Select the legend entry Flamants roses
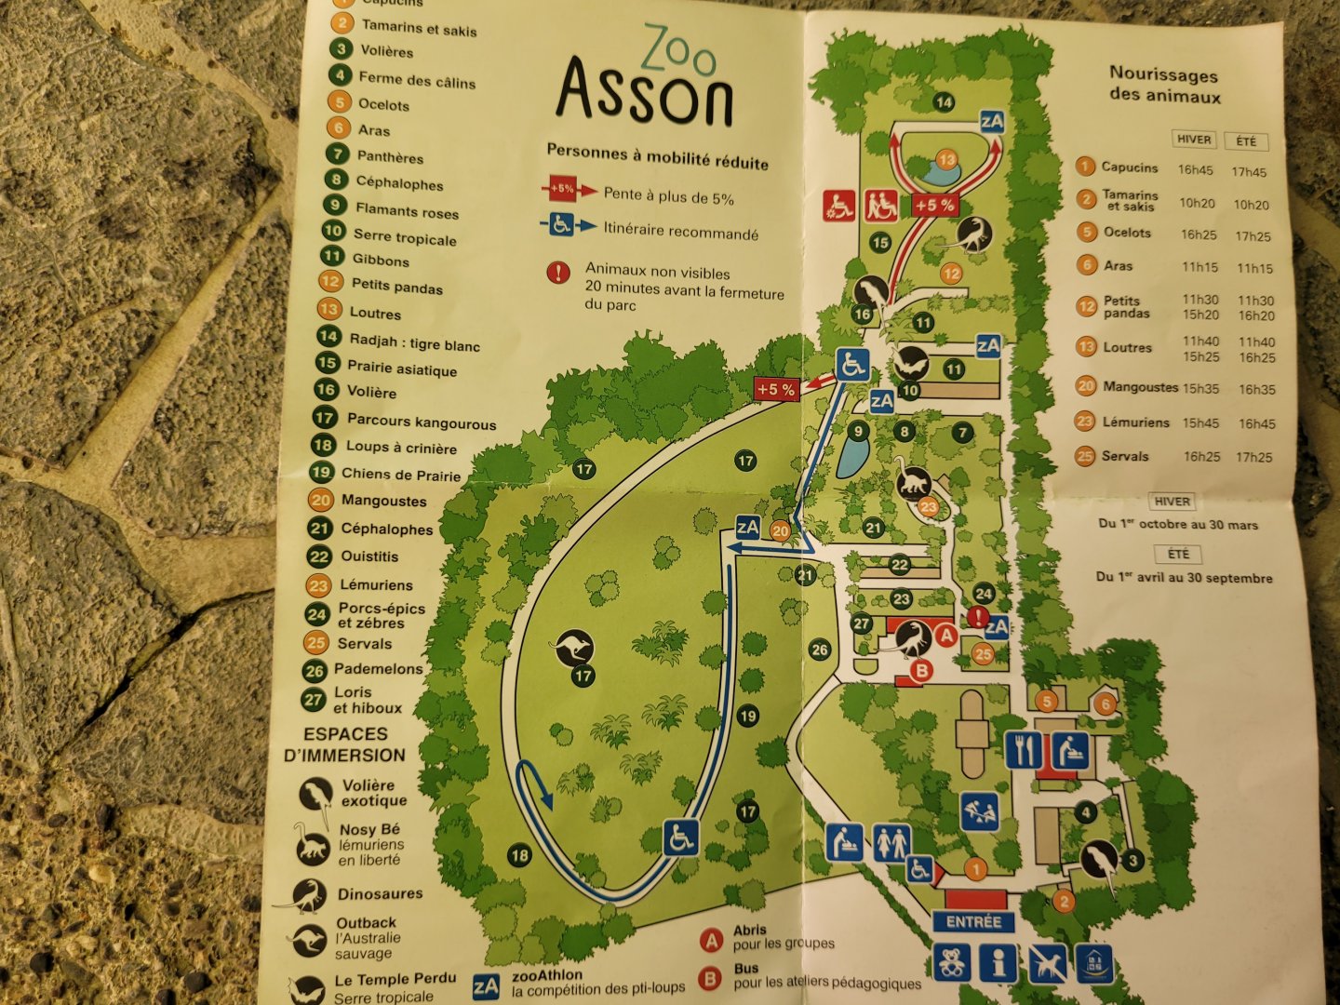407,211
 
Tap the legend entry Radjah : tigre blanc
414,343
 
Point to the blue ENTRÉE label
973,922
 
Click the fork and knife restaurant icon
1023,749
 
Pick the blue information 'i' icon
998,964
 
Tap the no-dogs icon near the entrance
1047,964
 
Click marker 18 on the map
519,854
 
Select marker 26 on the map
819,650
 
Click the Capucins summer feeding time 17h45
1249,172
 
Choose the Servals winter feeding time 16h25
1201,457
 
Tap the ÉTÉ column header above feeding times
1246,141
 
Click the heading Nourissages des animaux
1164,84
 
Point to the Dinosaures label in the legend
380,894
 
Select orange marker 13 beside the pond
946,160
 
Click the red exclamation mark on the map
977,616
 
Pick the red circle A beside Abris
712,940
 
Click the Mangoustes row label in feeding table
1140,387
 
